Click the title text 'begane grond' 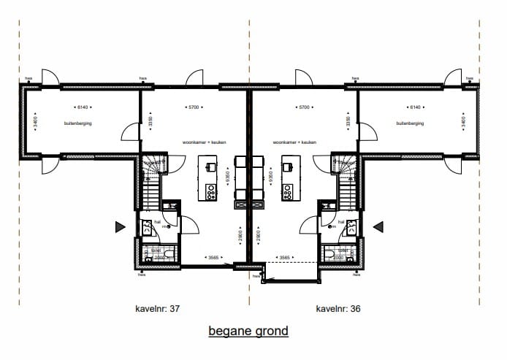tap(248, 331)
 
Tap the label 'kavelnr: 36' tap(338, 308)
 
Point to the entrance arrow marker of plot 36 tap(378, 228)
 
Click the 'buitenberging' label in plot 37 tap(78, 123)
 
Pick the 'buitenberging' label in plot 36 tap(410, 123)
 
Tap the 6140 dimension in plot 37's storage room tap(79, 107)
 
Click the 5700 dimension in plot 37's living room tap(194, 107)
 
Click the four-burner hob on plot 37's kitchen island tap(211, 192)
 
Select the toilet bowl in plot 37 tap(168, 254)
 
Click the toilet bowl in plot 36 tap(330, 254)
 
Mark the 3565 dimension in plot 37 tap(213, 257)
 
